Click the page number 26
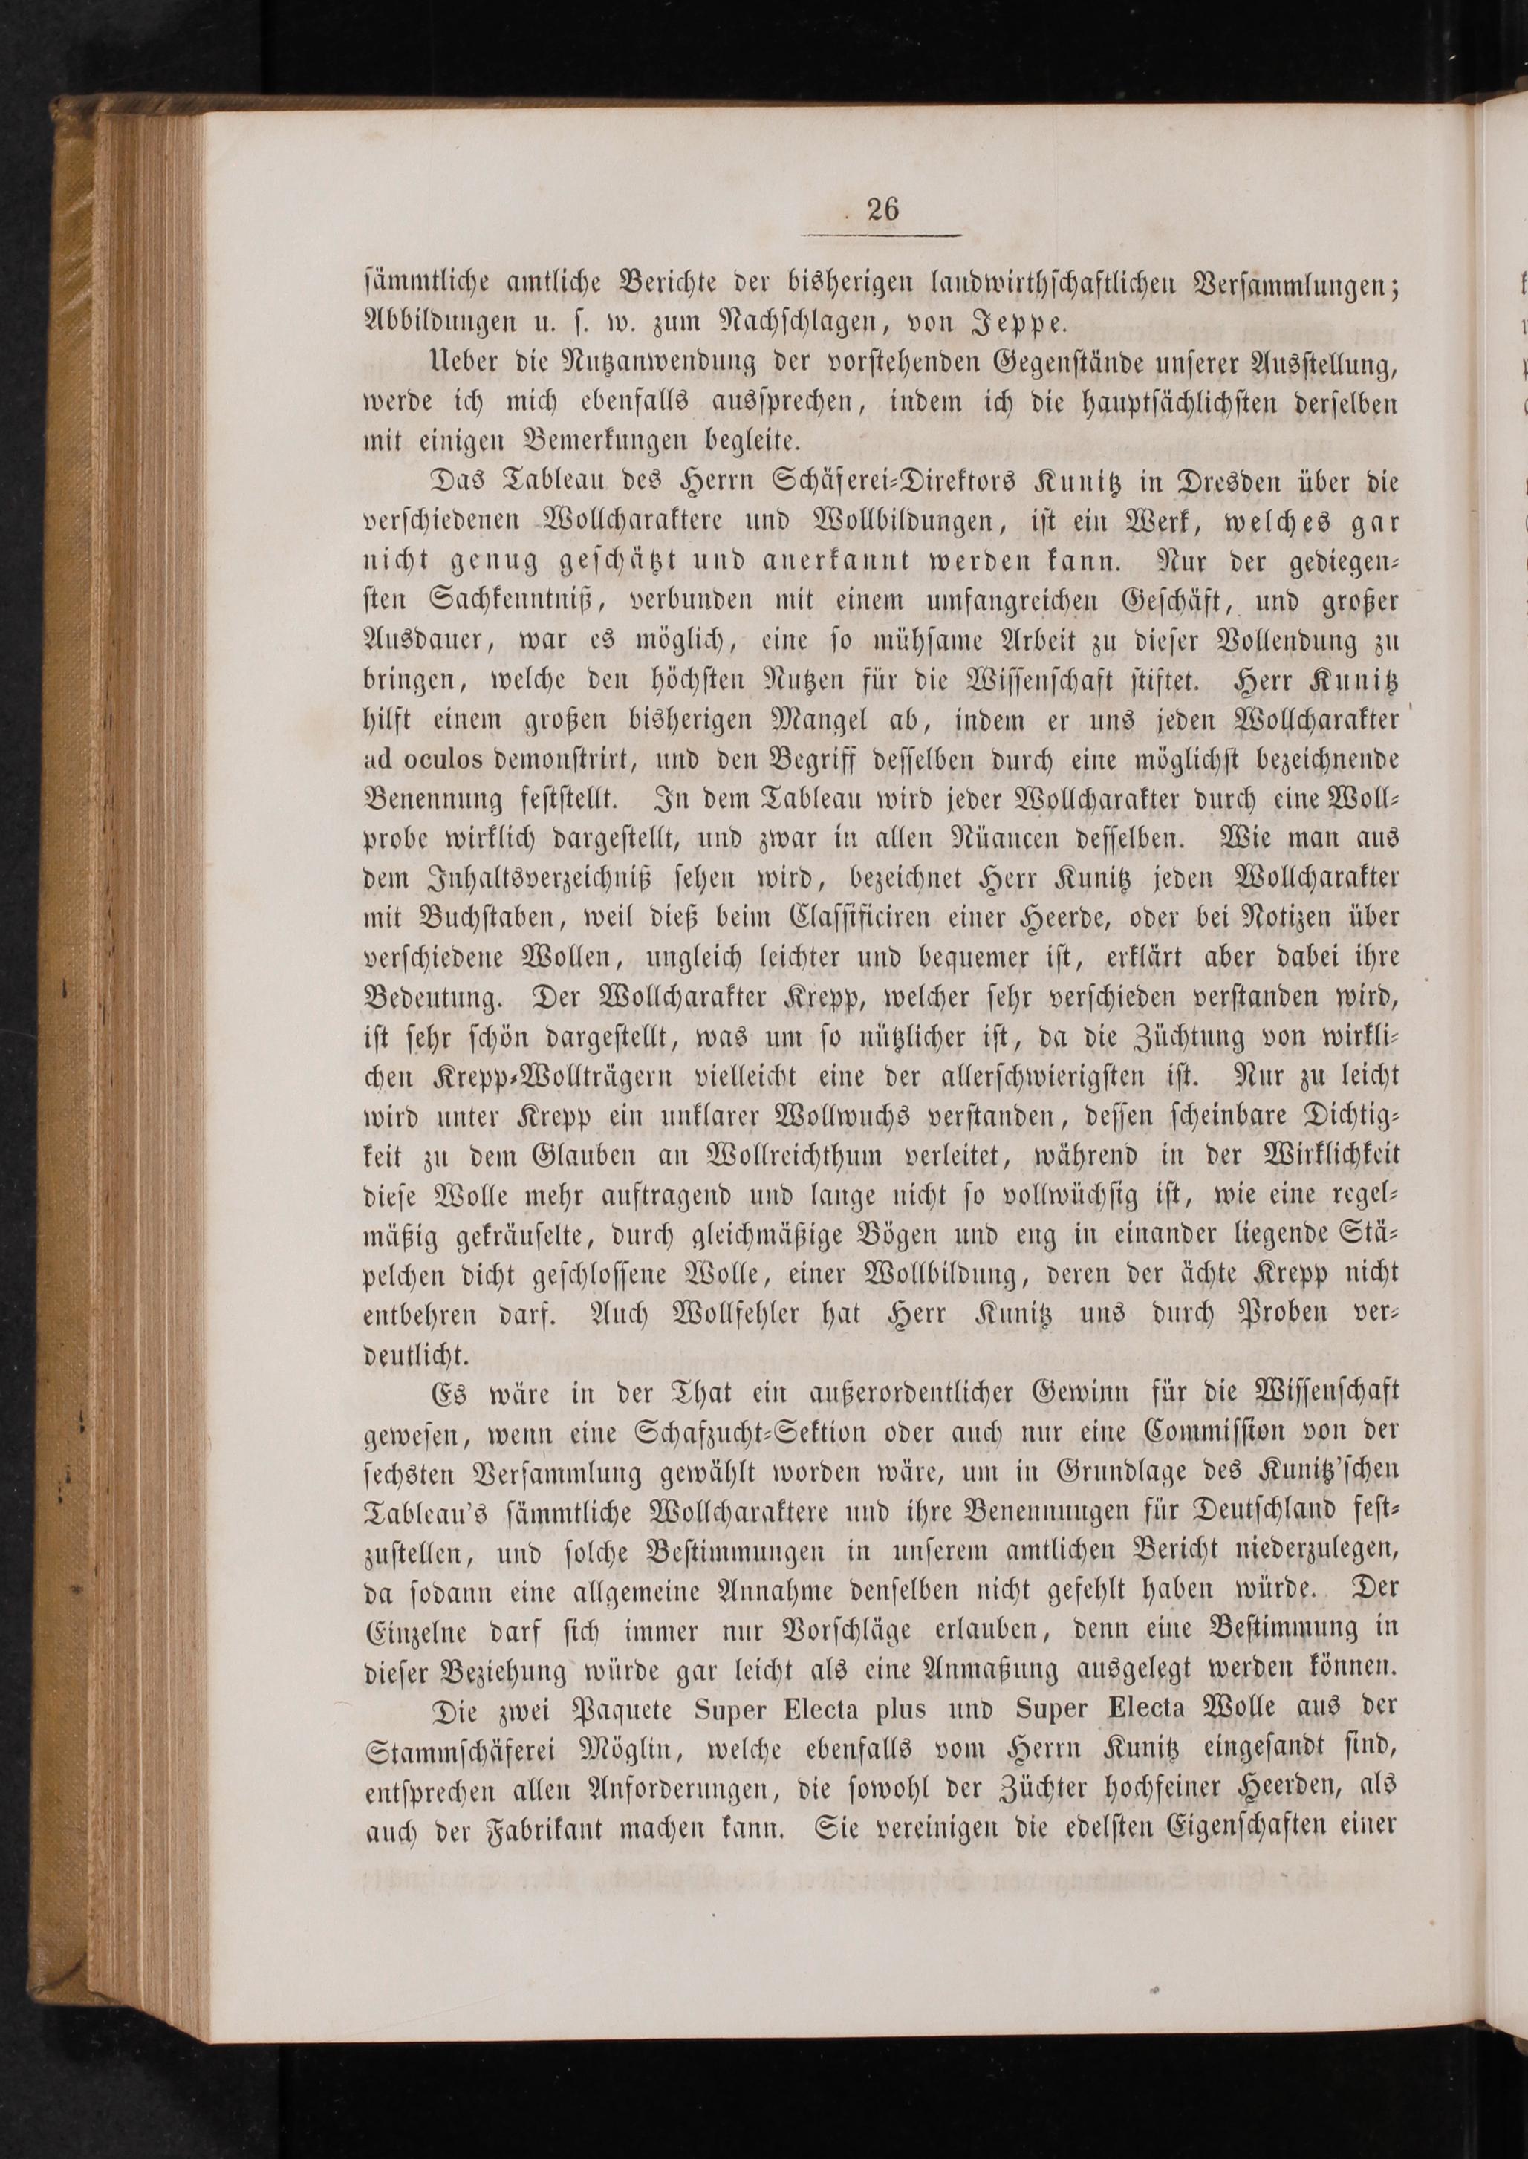point(885,209)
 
